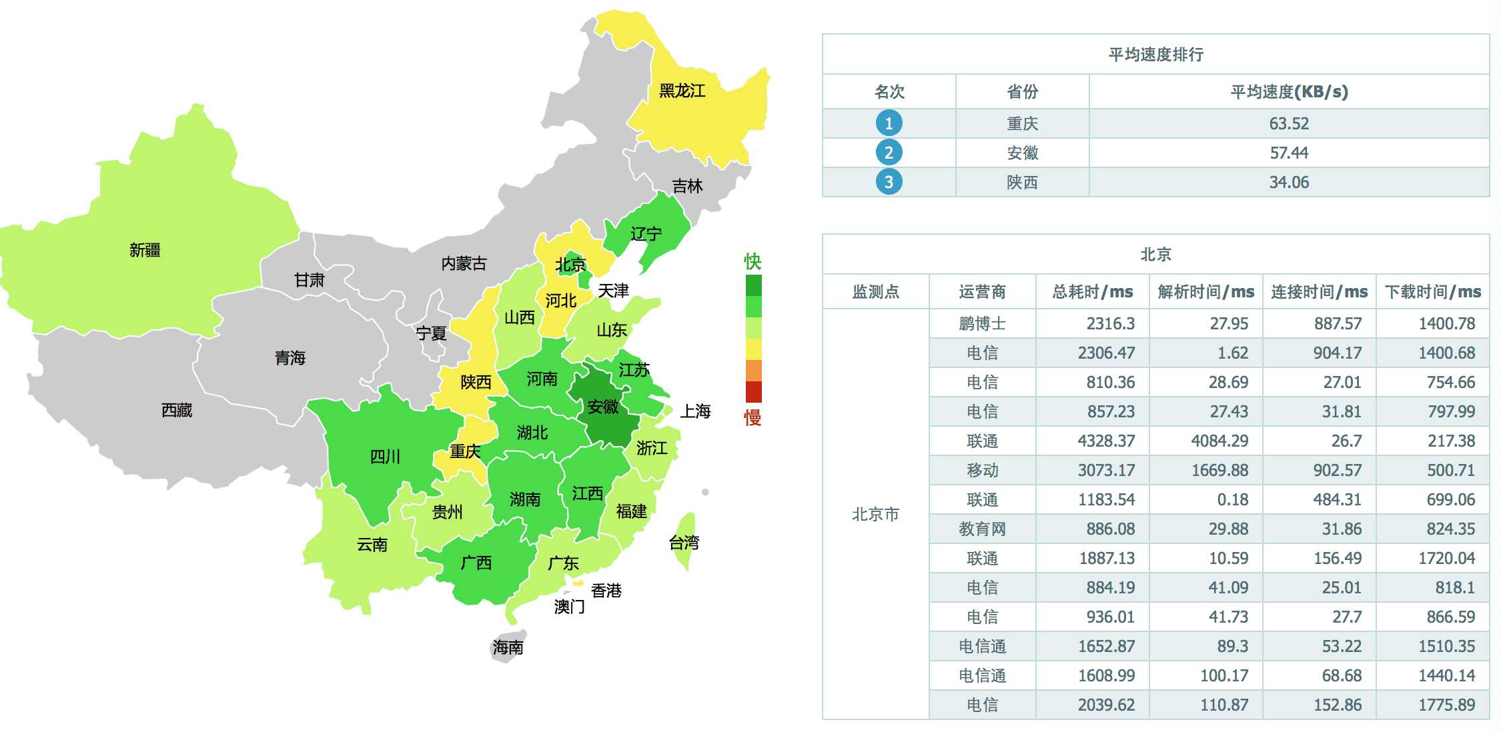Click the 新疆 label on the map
click(x=145, y=250)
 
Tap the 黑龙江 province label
click(x=682, y=91)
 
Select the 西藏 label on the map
click(x=177, y=410)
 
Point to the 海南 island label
click(x=508, y=647)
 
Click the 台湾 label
click(x=684, y=543)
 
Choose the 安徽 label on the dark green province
click(x=603, y=407)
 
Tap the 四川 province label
click(x=385, y=457)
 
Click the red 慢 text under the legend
click(x=753, y=418)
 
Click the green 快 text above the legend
click(x=753, y=261)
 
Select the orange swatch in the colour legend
click(x=753, y=370)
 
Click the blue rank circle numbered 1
click(x=889, y=123)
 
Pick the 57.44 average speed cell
click(x=1289, y=153)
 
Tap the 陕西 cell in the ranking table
click(x=1022, y=182)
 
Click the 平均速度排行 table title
click(x=1155, y=55)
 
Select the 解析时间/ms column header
click(x=1205, y=291)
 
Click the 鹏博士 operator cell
click(x=982, y=323)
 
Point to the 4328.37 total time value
click(x=1106, y=441)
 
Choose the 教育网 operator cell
click(x=982, y=529)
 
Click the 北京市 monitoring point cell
click(x=875, y=514)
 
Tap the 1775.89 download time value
click(x=1446, y=705)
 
